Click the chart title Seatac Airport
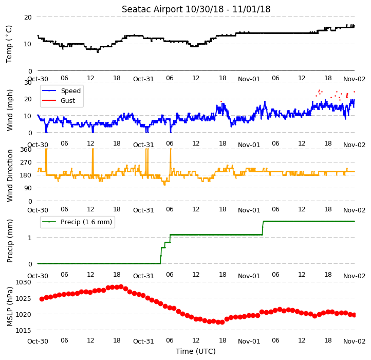152,9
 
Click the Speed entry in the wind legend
71,91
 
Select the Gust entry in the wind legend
68,100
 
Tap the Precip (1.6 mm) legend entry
86,222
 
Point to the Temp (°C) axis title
9,44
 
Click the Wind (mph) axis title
9,110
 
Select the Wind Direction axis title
9,175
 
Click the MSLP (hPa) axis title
9,307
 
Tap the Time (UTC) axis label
196,351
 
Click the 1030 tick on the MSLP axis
23,282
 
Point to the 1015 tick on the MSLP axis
23,330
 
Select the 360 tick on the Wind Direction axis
26,150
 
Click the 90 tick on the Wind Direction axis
28,188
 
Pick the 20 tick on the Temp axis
28,17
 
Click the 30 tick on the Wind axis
28,83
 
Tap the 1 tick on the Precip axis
30,238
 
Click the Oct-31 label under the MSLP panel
143,341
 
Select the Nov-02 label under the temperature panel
354,79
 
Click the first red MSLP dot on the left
42,299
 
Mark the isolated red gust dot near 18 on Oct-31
221,102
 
